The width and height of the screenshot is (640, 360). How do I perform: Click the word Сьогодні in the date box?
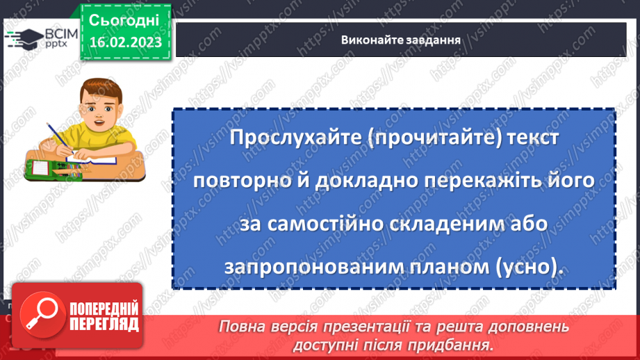tap(124, 20)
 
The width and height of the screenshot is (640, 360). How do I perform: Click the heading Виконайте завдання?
tap(402, 40)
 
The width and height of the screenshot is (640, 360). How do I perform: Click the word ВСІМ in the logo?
tap(60, 33)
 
